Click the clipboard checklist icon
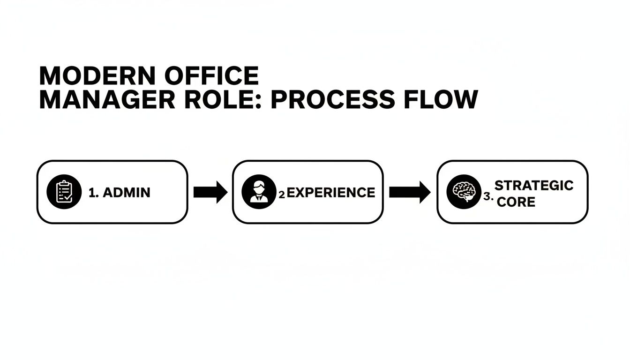click(63, 192)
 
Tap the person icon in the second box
click(258, 192)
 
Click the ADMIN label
click(126, 193)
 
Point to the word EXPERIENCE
click(330, 193)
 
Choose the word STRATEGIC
click(534, 185)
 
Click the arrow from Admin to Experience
click(210, 192)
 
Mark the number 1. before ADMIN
click(93, 193)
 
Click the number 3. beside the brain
click(488, 197)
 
